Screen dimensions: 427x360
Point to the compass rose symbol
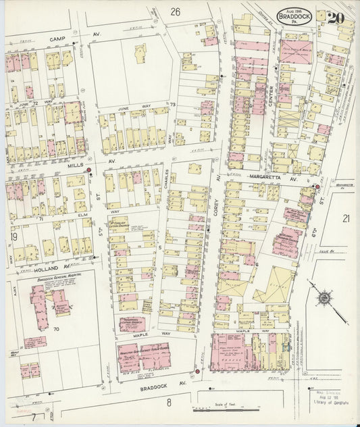[x=324, y=295]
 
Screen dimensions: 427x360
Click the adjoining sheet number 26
[x=176, y=11]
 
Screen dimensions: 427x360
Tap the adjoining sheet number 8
[x=170, y=403]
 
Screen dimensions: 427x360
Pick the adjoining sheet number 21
[x=345, y=218]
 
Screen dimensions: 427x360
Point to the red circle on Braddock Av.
[x=197, y=371]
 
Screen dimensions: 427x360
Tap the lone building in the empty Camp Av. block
[x=141, y=53]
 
